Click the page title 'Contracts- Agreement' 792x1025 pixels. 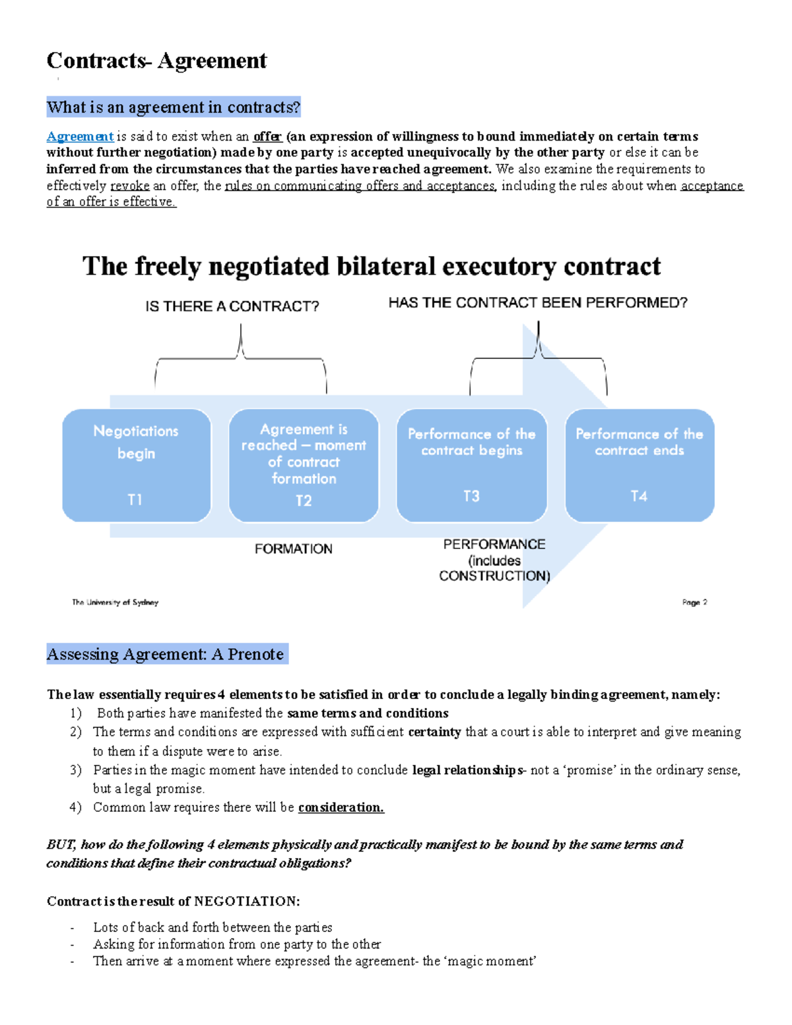(156, 61)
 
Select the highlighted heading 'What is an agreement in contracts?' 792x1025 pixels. (174, 107)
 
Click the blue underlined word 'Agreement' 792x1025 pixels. (80, 137)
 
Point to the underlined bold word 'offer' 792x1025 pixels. (267, 137)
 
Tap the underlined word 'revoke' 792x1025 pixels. (129, 185)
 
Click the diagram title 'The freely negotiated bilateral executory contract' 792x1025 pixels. (371, 267)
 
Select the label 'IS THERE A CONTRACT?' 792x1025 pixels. (232, 306)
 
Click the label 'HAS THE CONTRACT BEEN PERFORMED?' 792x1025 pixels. (538, 303)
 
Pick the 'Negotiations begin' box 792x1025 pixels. (137, 465)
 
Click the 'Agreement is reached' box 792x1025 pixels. (304, 465)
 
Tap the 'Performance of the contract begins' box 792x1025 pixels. (471, 465)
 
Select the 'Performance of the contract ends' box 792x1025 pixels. (640, 465)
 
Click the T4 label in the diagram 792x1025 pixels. (639, 496)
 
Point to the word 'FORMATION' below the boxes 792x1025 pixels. (294, 549)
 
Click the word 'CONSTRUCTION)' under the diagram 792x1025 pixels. (494, 576)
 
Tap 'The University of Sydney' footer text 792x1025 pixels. (115, 603)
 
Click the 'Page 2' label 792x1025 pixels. (694, 603)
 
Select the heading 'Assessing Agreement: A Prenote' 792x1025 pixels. (165, 654)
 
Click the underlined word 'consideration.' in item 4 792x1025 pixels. (341, 807)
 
